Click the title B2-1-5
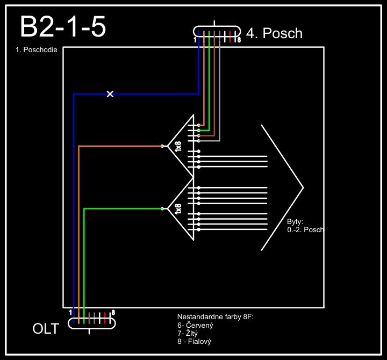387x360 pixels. [63, 27]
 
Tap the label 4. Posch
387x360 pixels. [274, 33]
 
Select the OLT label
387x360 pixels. [46, 329]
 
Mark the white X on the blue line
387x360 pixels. [110, 94]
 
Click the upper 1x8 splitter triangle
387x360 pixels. [181, 146]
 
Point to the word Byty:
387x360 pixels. [295, 221]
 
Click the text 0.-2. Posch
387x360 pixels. [305, 229]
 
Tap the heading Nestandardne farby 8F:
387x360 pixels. [215, 317]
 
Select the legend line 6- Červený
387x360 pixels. [196, 325]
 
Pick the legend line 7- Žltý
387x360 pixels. [188, 333]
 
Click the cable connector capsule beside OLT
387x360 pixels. [92, 322]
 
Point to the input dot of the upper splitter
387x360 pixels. [162, 146]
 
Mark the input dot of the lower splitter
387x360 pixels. [162, 208]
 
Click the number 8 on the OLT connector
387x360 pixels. [113, 312]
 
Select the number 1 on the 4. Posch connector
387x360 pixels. [195, 40]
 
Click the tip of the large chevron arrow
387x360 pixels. [303, 188]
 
